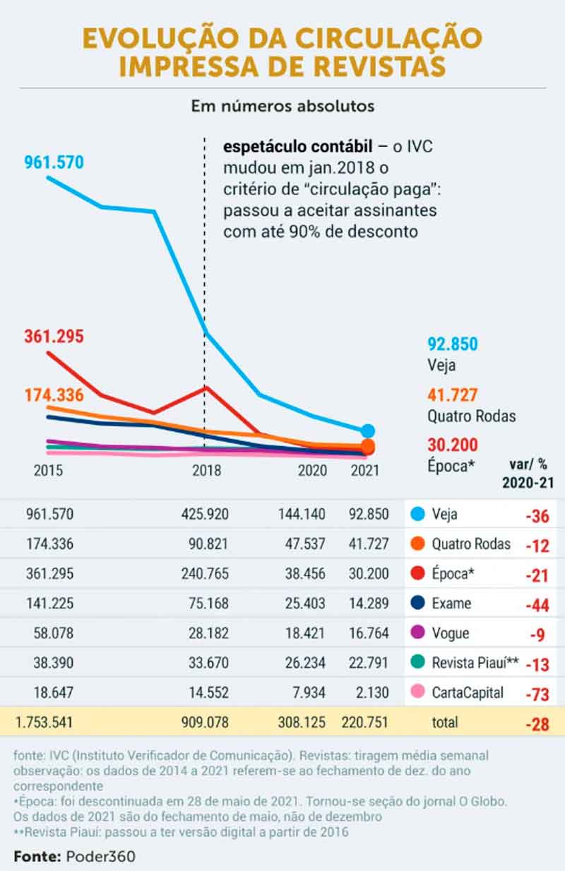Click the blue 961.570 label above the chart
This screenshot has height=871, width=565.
click(54, 163)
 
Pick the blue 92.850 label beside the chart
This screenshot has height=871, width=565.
click(453, 344)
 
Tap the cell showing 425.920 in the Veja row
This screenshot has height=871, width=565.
click(205, 514)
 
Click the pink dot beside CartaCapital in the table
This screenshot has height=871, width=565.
click(418, 692)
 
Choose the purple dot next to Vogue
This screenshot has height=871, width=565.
click(418, 633)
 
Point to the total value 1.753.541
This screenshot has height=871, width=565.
click(43, 722)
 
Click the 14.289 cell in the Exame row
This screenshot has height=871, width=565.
click(368, 603)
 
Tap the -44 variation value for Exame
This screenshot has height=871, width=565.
click(537, 605)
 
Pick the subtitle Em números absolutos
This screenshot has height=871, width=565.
click(282, 106)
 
